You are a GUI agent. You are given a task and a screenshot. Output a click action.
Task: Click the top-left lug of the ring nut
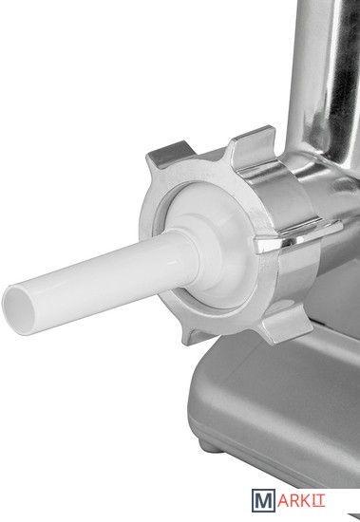coord(165,156)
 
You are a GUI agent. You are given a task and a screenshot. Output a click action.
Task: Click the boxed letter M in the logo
coord(264,500)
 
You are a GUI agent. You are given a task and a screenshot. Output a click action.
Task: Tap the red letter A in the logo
coord(284,500)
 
